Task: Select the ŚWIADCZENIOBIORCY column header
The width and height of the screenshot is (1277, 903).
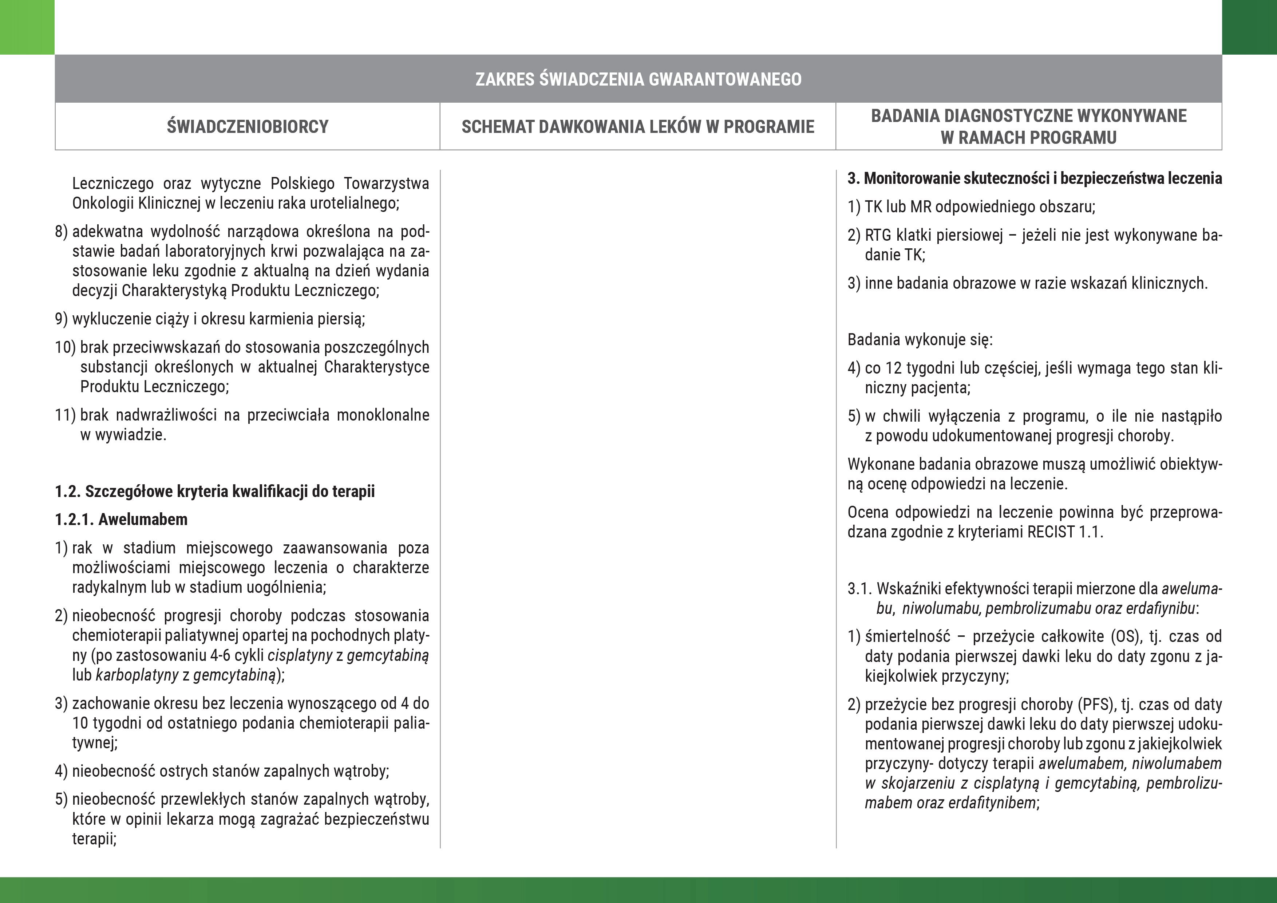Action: pos(248,127)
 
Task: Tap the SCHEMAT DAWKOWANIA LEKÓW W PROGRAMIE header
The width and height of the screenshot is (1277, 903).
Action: pos(637,127)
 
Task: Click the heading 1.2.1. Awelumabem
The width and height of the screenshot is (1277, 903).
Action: pos(121,519)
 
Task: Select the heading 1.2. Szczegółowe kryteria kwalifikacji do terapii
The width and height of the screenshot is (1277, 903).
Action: pos(215,491)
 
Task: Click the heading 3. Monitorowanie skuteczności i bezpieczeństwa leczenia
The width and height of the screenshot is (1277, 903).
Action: pos(1035,178)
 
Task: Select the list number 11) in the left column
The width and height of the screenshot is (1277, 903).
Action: pos(65,415)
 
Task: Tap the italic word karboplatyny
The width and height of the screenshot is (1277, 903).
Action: pos(137,675)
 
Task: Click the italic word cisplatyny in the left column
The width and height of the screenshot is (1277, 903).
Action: pos(300,655)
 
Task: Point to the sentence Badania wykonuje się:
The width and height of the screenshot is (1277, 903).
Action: pos(920,339)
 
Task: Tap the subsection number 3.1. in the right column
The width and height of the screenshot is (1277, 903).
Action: pos(859,589)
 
